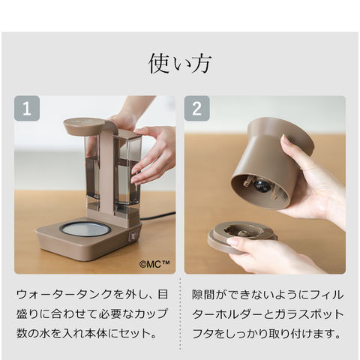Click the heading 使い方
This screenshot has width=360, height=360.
point(180,63)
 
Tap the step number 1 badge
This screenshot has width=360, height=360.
point(27,109)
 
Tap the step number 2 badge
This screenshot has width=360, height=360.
point(197,109)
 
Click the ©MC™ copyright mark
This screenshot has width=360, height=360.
point(154,264)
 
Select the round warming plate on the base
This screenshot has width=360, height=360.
point(84,229)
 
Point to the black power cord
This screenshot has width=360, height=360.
point(157,216)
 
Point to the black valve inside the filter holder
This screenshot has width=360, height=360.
point(260,187)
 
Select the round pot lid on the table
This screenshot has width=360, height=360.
point(241,236)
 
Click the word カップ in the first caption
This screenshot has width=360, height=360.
point(151,314)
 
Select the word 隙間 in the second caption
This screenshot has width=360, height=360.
point(204,295)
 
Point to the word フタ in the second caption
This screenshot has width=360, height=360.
point(203,334)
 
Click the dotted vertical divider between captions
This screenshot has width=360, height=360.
point(180,314)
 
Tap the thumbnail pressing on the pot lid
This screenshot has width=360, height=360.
point(233,241)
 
